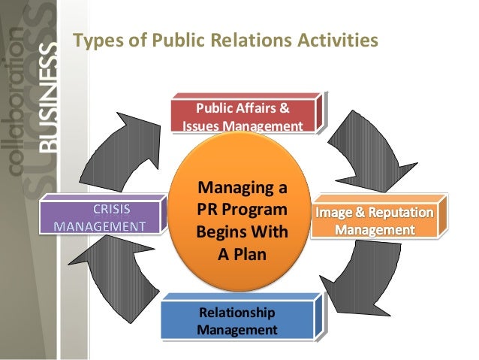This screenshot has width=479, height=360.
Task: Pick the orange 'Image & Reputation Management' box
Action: tap(383, 219)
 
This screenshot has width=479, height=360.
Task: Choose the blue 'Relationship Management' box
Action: tap(237, 320)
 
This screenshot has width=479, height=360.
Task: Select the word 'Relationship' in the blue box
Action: tap(236, 313)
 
